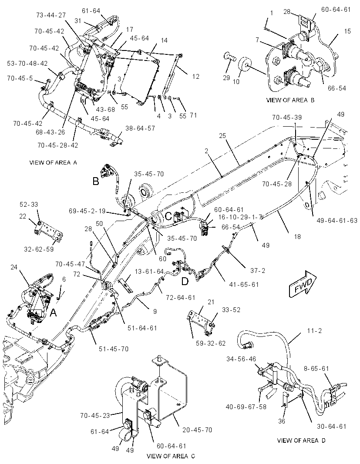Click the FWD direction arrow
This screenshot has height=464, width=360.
coord(303,283)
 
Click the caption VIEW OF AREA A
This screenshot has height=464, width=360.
coord(53,162)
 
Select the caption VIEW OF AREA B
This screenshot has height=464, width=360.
coord(290,100)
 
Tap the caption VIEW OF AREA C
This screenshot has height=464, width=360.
coord(171,456)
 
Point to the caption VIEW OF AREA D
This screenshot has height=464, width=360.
coord(301,440)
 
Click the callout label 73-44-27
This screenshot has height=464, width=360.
coord(51,15)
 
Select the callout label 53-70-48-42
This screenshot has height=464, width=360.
coord(27,63)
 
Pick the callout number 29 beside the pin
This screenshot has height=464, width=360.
coord(226,78)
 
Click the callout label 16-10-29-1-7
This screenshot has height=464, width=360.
coord(240,217)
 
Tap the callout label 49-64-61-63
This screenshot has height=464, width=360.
coord(337,220)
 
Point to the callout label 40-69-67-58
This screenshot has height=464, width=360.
coord(246,407)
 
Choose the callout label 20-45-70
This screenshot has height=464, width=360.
coord(198,430)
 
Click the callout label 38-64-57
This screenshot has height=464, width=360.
coord(140,128)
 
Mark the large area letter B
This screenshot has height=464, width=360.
coord(96,181)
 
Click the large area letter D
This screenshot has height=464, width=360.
coord(185,281)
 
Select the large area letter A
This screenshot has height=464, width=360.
coord(53,312)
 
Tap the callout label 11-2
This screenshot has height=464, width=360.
coord(314,330)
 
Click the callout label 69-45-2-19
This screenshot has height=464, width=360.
coord(87,211)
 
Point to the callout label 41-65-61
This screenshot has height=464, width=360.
coord(244,284)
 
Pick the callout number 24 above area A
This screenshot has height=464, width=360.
coord(14,267)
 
